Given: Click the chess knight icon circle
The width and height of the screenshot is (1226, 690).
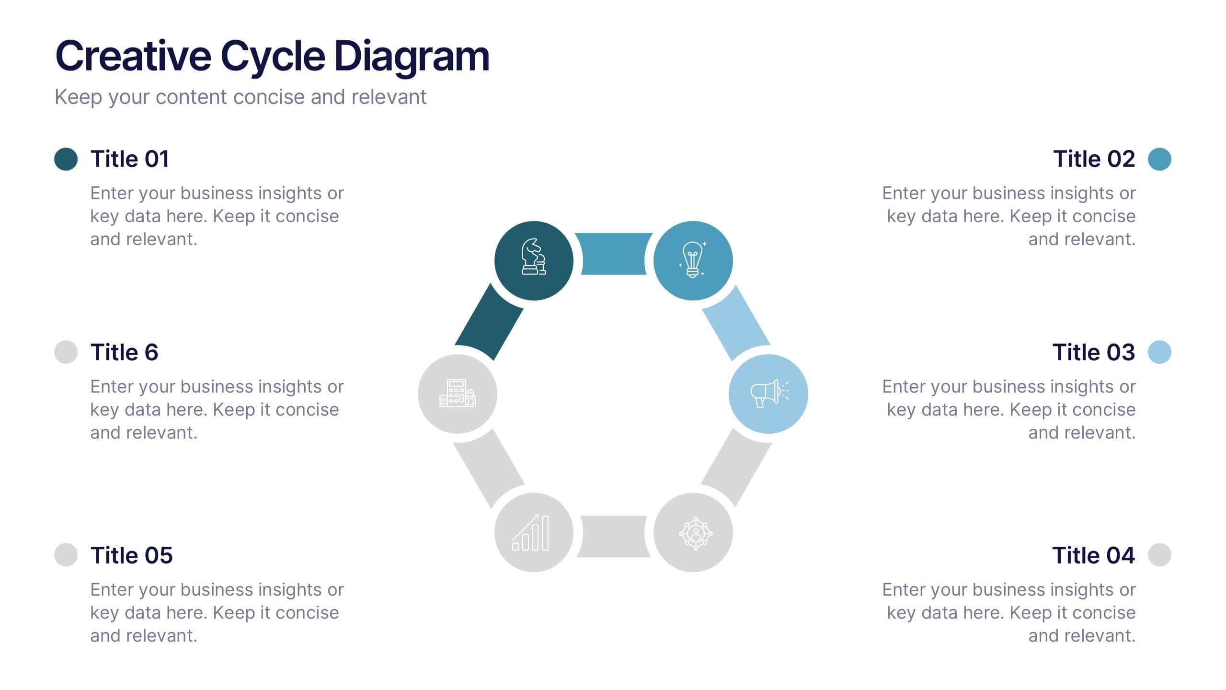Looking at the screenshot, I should coord(534,260).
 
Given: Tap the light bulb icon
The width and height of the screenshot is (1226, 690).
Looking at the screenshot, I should coord(693,260).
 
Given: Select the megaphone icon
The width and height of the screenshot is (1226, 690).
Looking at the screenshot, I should coord(768,394).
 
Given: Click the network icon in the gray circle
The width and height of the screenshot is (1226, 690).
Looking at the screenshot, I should coord(695,533).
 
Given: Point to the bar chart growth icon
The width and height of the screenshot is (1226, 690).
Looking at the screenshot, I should coord(531,533).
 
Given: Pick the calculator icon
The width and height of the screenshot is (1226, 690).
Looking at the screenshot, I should coord(457,393).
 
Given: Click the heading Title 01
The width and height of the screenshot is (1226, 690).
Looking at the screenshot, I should coord(130,159).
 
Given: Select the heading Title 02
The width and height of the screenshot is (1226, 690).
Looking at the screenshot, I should coord(1094,159).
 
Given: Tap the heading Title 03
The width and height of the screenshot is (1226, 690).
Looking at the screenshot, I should coord(1093,353).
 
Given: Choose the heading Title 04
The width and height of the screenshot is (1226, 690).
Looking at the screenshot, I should coord(1093,555).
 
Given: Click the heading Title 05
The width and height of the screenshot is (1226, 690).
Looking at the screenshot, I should coord(131,555).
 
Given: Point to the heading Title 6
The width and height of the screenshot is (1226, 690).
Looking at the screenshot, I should coord(124,353).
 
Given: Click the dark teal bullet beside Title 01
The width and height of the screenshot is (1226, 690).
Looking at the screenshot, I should coord(66,159).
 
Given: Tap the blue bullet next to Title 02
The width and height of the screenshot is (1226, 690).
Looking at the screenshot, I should coord(1159,159).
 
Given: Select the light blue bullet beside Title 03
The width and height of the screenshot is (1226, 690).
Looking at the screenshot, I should coord(1159,352).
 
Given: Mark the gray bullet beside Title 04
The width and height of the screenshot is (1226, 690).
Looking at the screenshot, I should coord(1159,555).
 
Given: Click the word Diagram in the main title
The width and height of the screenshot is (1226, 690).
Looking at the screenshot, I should coord(412,57).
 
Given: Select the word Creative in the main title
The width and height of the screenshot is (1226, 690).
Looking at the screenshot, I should coord(133,57).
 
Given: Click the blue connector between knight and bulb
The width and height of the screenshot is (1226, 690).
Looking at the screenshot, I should coord(613,254).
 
